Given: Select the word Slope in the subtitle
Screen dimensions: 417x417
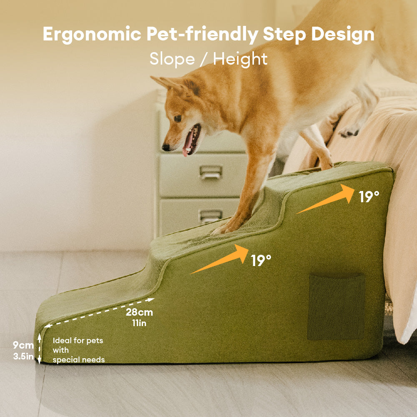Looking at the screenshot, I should coord(172,59).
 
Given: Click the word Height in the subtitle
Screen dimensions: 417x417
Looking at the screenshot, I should coord(240,59).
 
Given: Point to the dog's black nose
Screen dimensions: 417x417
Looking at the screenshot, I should coord(166,147).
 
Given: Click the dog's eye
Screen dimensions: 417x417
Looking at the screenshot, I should coord(178,118).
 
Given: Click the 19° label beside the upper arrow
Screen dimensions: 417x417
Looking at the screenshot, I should coord(369,197).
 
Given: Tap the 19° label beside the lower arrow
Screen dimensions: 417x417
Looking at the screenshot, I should coord(261,261).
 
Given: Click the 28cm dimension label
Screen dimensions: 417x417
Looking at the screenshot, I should coord(139,312).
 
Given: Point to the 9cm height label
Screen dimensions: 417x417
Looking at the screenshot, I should coord(23,345).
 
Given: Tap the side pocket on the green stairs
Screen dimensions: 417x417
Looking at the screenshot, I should coord(336,306).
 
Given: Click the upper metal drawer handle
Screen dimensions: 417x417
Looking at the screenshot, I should coord(211,172).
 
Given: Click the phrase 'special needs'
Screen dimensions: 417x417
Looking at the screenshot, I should coord(78,360).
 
